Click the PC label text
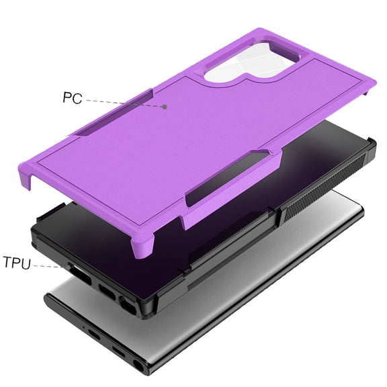point(72,97)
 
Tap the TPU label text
point(17,261)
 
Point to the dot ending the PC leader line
point(165,107)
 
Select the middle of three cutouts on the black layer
point(107,290)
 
